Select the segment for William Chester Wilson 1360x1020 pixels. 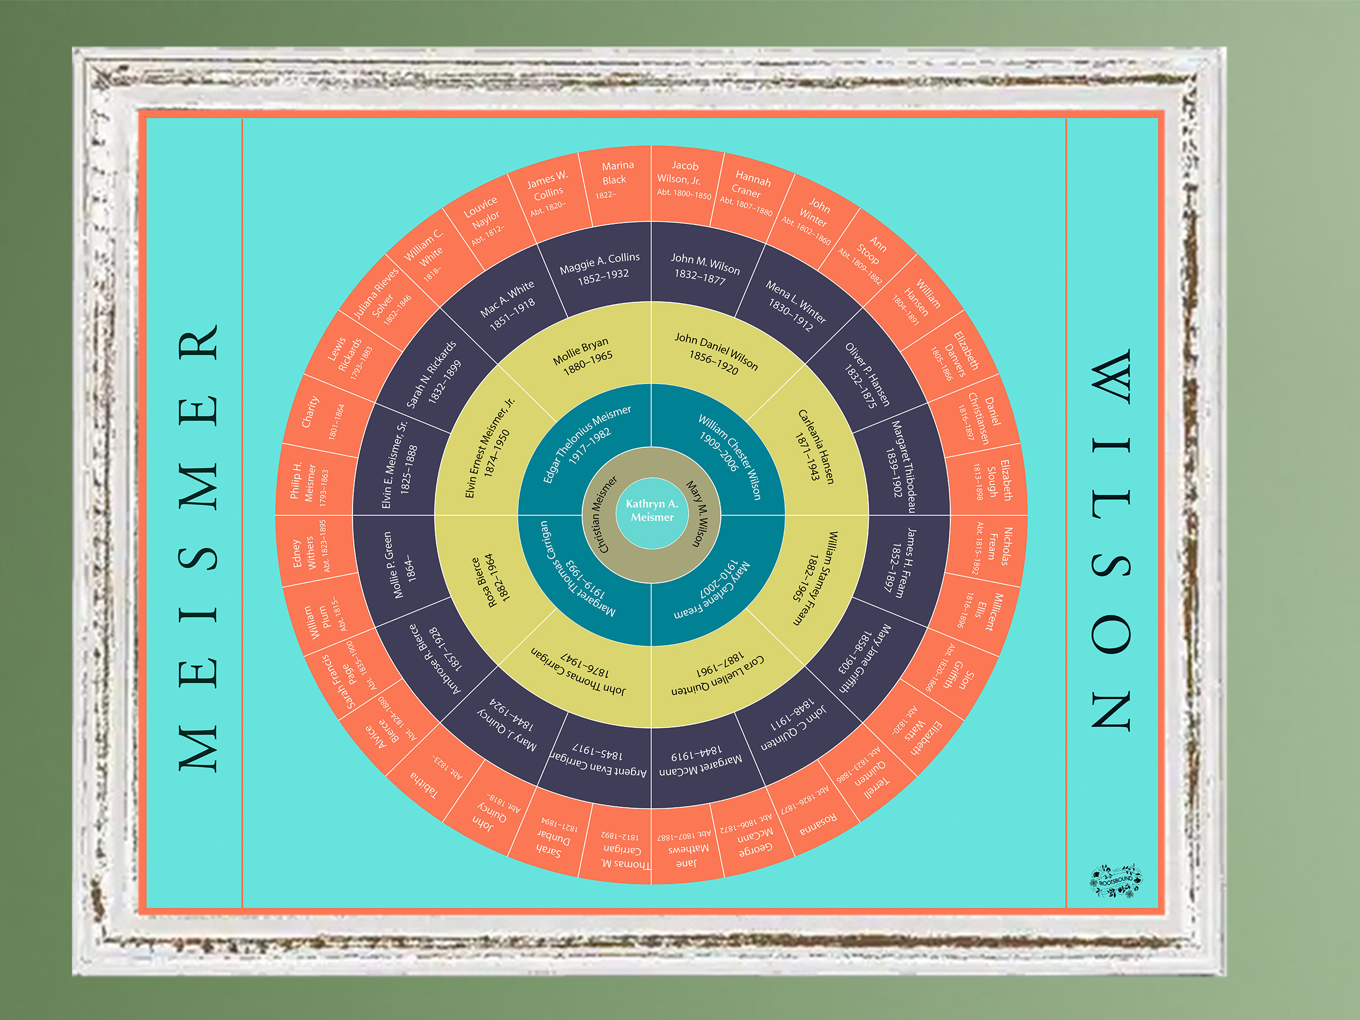point(725,452)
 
